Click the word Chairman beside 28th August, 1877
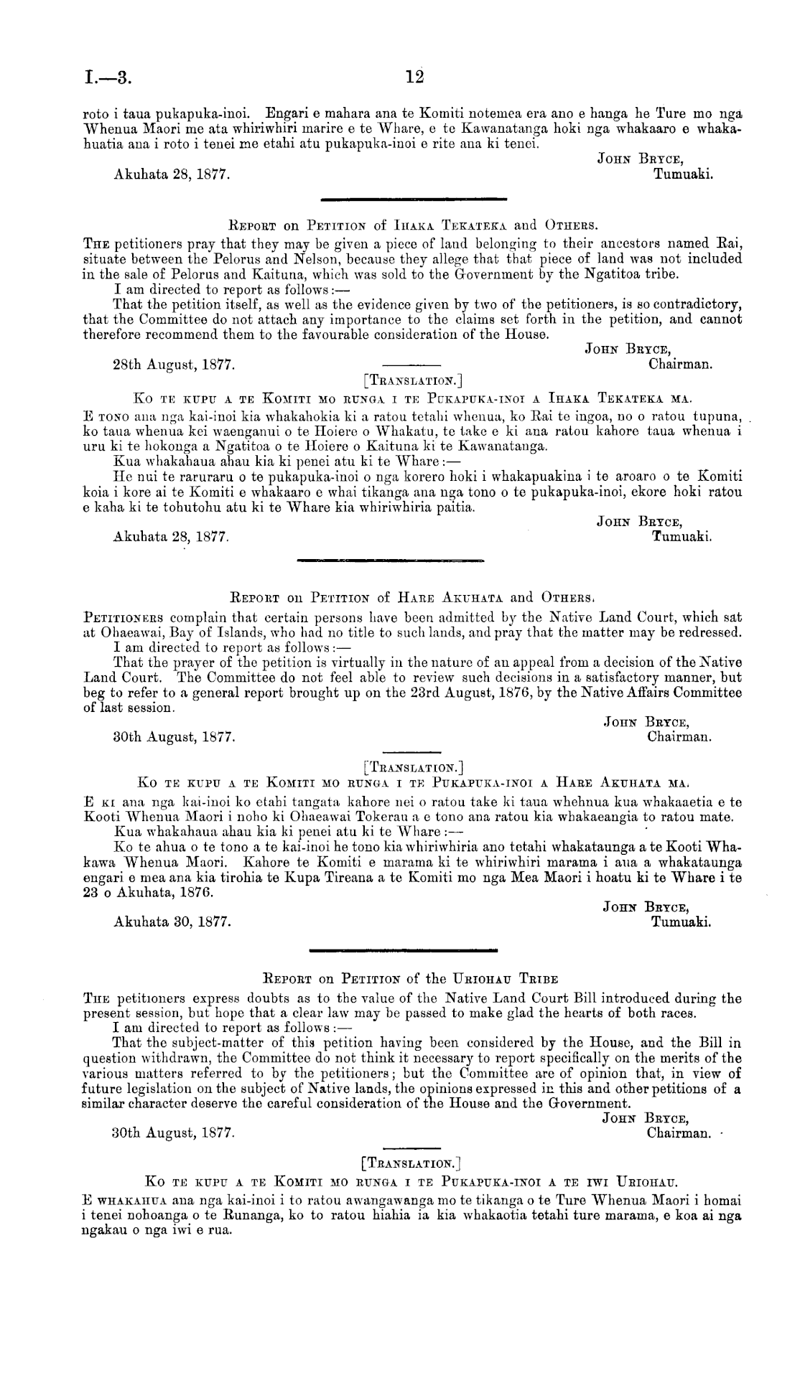point(679,365)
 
